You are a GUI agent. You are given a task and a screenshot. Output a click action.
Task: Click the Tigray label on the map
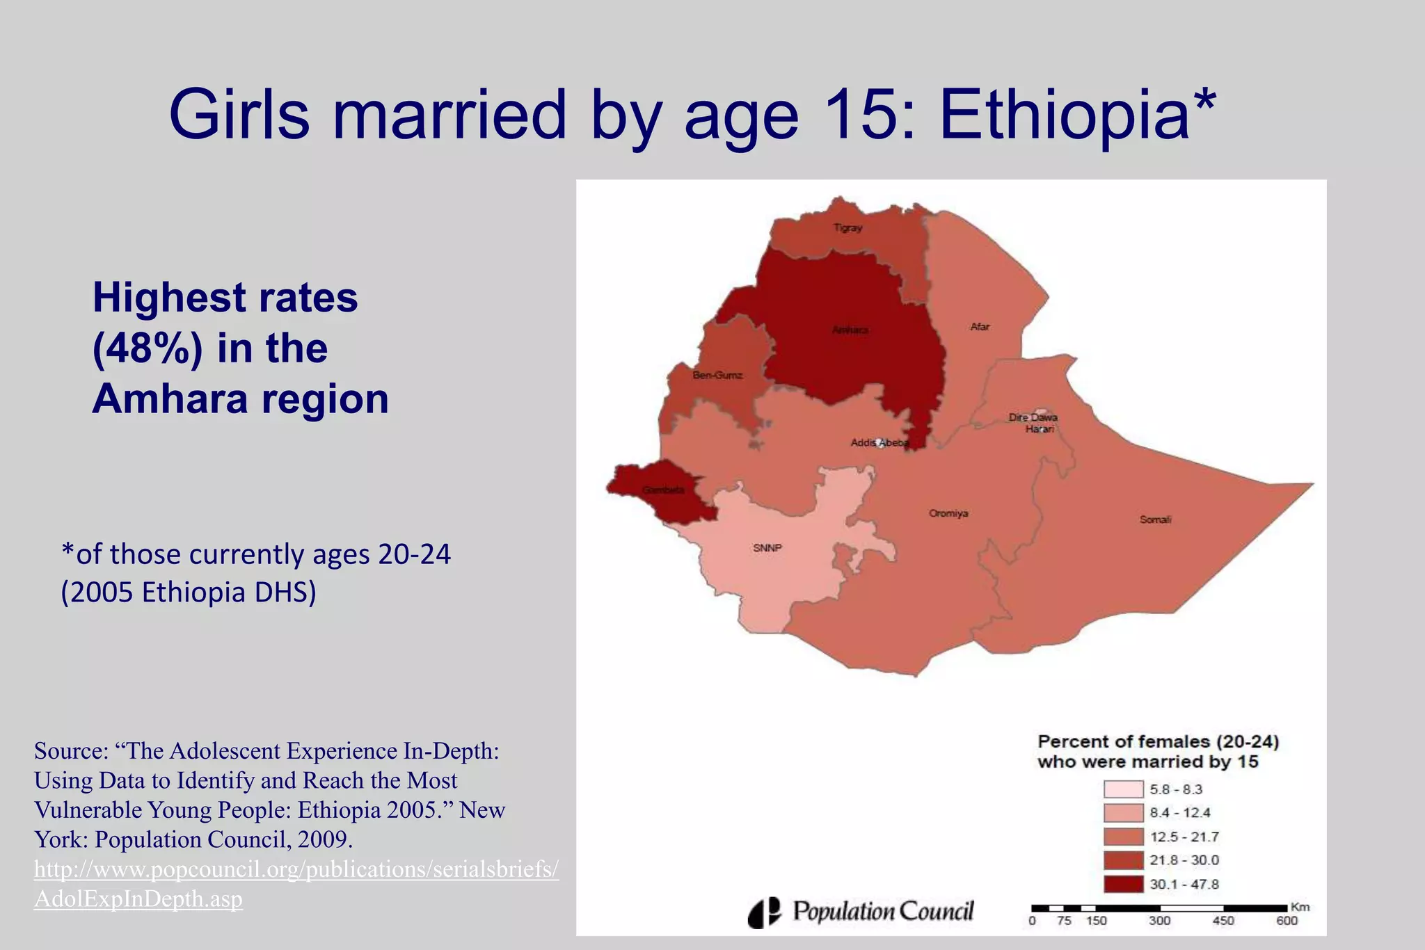848,228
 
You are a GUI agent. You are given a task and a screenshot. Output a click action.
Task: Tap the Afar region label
980,327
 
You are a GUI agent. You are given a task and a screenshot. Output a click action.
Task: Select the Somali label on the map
1155,520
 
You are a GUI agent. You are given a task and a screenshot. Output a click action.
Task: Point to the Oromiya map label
948,514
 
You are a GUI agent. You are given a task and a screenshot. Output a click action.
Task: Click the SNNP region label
767,548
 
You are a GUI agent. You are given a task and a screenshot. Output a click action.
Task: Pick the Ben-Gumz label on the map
717,376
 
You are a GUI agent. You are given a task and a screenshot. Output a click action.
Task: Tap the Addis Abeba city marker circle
880,442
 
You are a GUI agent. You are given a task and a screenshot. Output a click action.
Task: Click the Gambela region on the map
661,491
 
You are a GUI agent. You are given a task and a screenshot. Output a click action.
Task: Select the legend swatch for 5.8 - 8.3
1123,789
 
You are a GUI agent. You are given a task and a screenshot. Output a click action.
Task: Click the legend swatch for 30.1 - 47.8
1123,884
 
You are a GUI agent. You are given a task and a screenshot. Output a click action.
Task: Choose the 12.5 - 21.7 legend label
1184,837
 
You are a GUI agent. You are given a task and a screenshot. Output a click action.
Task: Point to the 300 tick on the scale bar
1159,921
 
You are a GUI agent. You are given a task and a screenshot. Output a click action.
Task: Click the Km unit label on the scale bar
1300,907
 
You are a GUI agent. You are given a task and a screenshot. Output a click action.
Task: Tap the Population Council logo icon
764,912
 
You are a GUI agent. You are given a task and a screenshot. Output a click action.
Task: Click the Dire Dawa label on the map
1033,418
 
